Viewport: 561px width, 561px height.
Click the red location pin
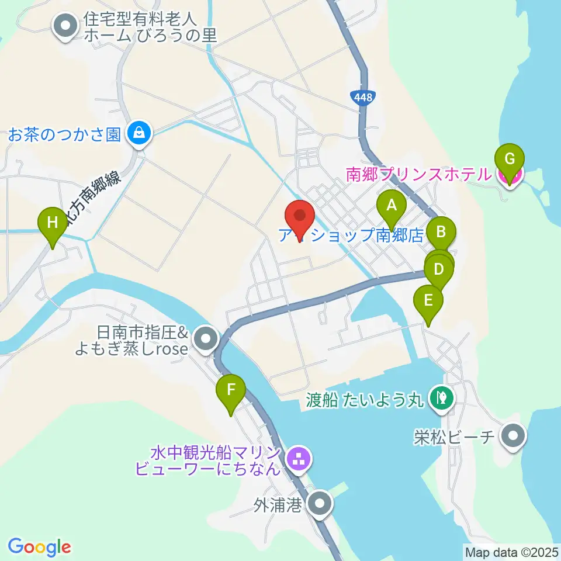click(x=300, y=217)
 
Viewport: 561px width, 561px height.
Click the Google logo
click(x=39, y=547)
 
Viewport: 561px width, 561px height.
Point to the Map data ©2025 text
click(x=511, y=551)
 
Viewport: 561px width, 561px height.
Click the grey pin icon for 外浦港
click(x=320, y=504)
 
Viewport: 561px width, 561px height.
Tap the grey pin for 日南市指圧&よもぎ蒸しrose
click(x=205, y=338)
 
